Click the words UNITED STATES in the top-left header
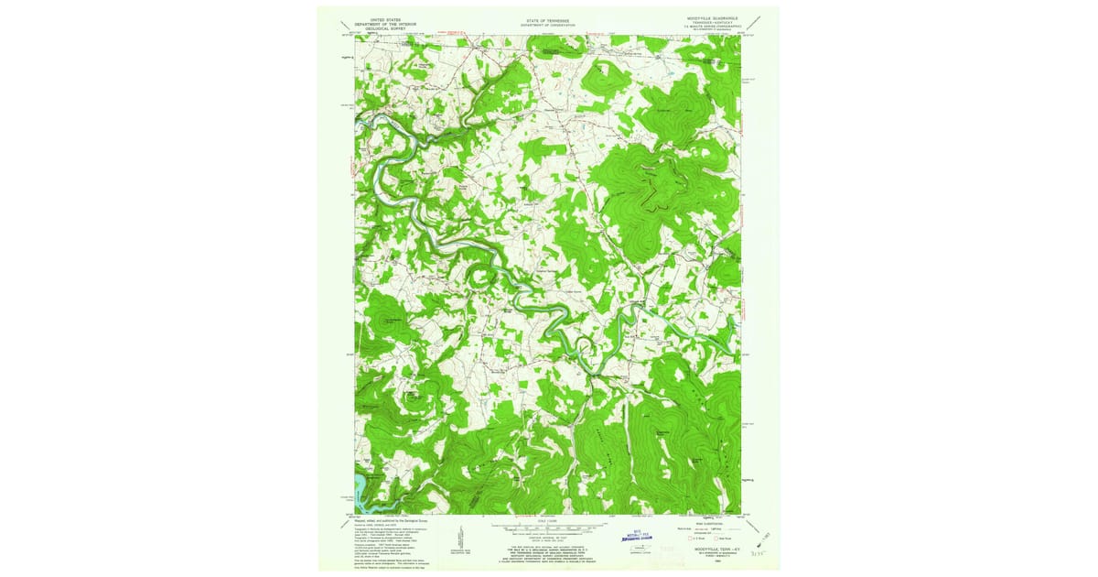(385, 17)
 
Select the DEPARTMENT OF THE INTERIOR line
(385, 22)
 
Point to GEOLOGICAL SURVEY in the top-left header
(385, 27)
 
